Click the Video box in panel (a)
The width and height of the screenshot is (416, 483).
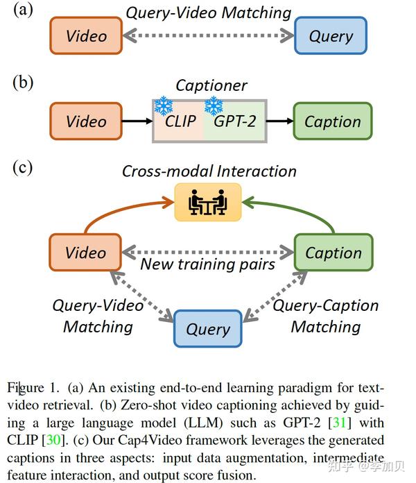(x=86, y=36)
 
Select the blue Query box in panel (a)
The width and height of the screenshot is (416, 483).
(x=331, y=36)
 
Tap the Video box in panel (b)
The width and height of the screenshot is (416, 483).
(x=86, y=121)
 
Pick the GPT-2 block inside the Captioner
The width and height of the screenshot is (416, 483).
(x=234, y=123)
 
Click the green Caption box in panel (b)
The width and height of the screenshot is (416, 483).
(x=332, y=121)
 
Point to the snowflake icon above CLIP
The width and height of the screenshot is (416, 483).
(x=164, y=105)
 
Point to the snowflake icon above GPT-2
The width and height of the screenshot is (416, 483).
(x=214, y=105)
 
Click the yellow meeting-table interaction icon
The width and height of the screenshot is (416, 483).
(x=208, y=202)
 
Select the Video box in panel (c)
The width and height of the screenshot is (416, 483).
(x=86, y=253)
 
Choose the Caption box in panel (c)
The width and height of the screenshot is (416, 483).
(x=333, y=253)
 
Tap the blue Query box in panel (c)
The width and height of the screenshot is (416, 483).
(x=208, y=329)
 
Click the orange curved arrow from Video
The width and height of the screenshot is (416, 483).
(x=111, y=212)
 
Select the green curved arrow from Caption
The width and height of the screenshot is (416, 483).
(x=305, y=212)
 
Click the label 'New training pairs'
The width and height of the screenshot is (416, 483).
(x=208, y=264)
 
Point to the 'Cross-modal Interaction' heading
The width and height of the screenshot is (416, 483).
(x=209, y=171)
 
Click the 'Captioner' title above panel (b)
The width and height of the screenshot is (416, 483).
(x=211, y=85)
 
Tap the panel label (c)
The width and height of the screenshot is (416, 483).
(x=23, y=167)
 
